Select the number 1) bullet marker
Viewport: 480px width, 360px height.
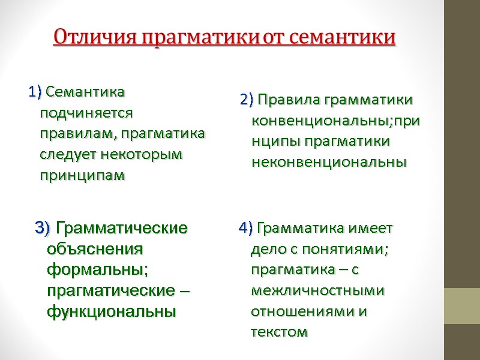click(34, 92)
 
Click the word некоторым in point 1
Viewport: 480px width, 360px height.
click(142, 154)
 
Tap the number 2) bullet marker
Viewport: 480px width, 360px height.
click(247, 100)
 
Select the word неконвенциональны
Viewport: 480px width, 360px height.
click(329, 162)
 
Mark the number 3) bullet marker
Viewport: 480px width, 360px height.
click(43, 228)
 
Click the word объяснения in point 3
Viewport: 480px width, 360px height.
click(95, 248)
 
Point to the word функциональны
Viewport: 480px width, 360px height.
click(112, 311)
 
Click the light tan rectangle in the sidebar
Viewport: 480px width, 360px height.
click(462, 306)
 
